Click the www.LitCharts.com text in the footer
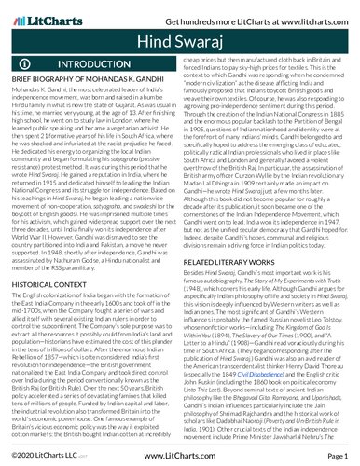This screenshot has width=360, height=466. [x=180, y=458]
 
